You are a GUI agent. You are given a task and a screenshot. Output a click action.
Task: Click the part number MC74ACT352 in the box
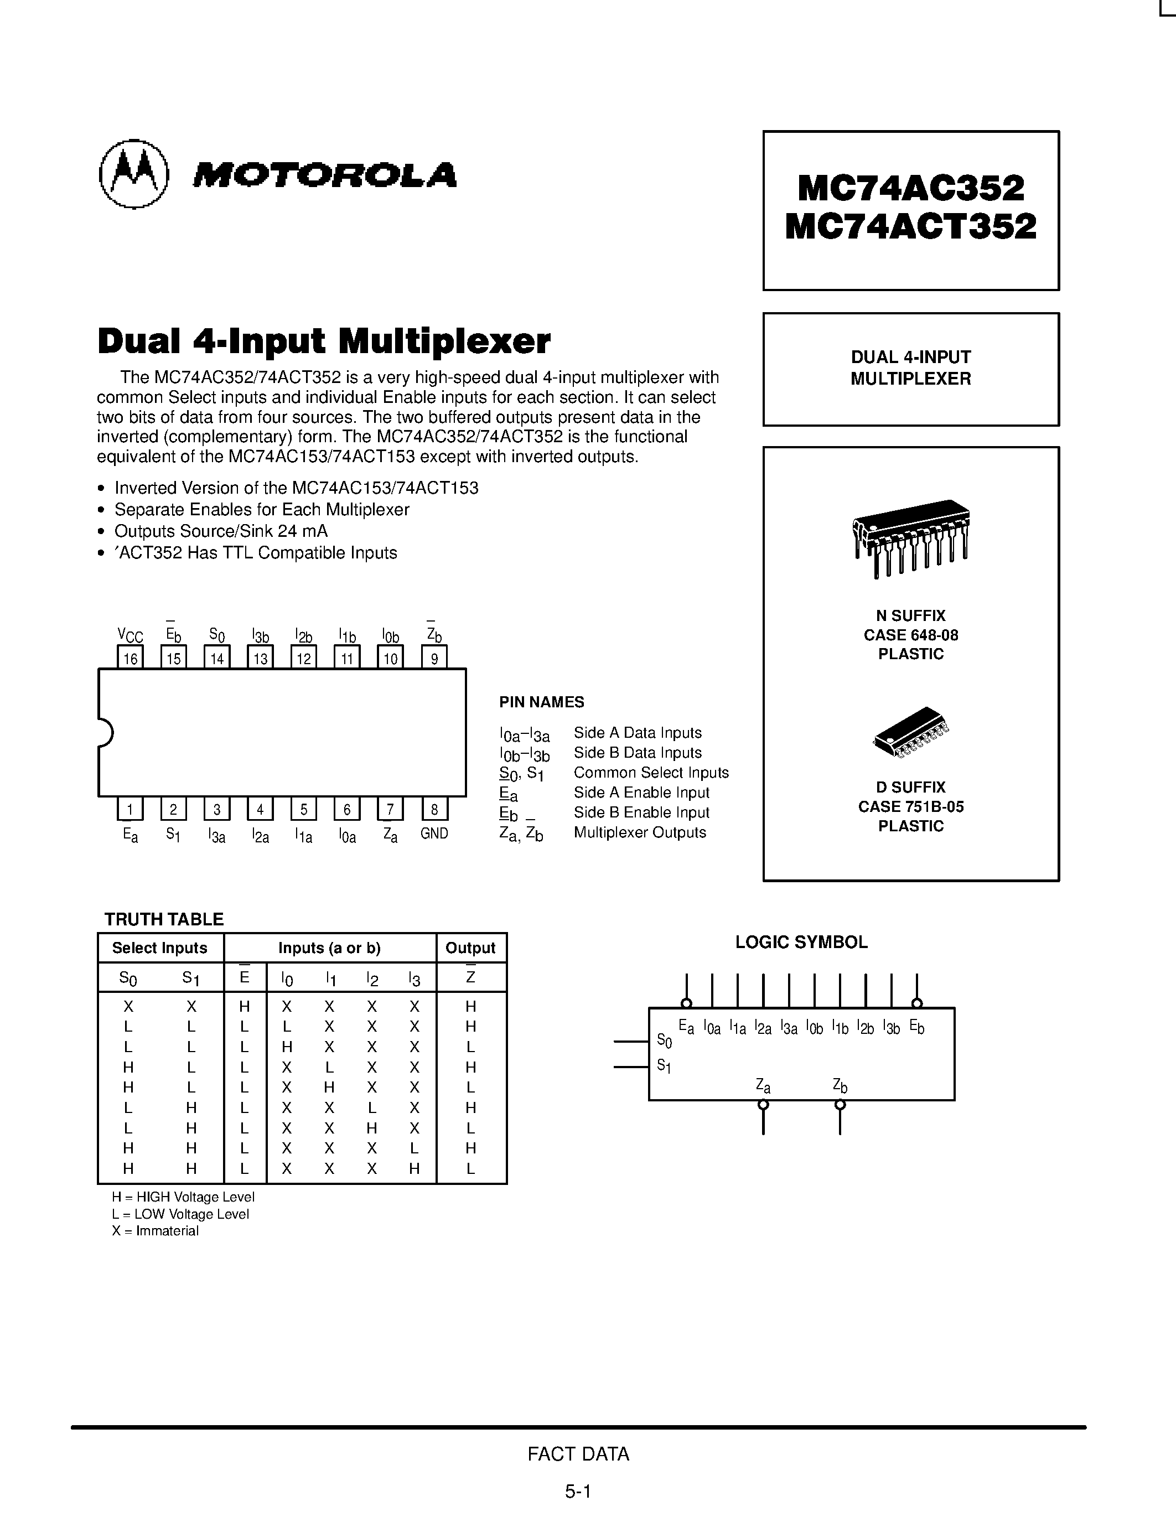point(910,226)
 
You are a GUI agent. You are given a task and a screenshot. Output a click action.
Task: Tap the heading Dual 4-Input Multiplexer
point(324,341)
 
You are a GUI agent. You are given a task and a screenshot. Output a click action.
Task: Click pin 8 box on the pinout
point(434,809)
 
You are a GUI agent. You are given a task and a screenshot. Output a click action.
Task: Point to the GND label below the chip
point(434,834)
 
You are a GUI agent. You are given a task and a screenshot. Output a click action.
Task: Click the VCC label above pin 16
point(130,635)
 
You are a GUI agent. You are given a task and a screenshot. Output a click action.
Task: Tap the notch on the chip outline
point(105,732)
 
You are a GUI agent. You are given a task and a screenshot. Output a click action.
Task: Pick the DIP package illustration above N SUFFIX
point(910,537)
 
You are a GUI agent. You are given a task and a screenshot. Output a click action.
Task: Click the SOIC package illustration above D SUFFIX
point(910,732)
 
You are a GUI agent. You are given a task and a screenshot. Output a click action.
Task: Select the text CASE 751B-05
point(910,806)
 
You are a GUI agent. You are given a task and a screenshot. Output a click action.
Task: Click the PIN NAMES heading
point(541,702)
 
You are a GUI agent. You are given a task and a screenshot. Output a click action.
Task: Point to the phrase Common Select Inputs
point(651,772)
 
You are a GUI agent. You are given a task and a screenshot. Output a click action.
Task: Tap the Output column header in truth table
point(470,948)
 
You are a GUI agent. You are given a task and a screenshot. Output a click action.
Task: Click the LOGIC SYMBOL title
point(801,942)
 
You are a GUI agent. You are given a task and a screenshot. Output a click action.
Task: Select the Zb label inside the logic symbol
point(840,1085)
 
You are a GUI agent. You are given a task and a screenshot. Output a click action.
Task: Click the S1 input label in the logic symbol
point(664,1065)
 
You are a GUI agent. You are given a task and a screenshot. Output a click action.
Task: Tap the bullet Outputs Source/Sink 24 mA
point(220,531)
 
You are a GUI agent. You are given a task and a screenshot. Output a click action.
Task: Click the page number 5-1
point(578,1492)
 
